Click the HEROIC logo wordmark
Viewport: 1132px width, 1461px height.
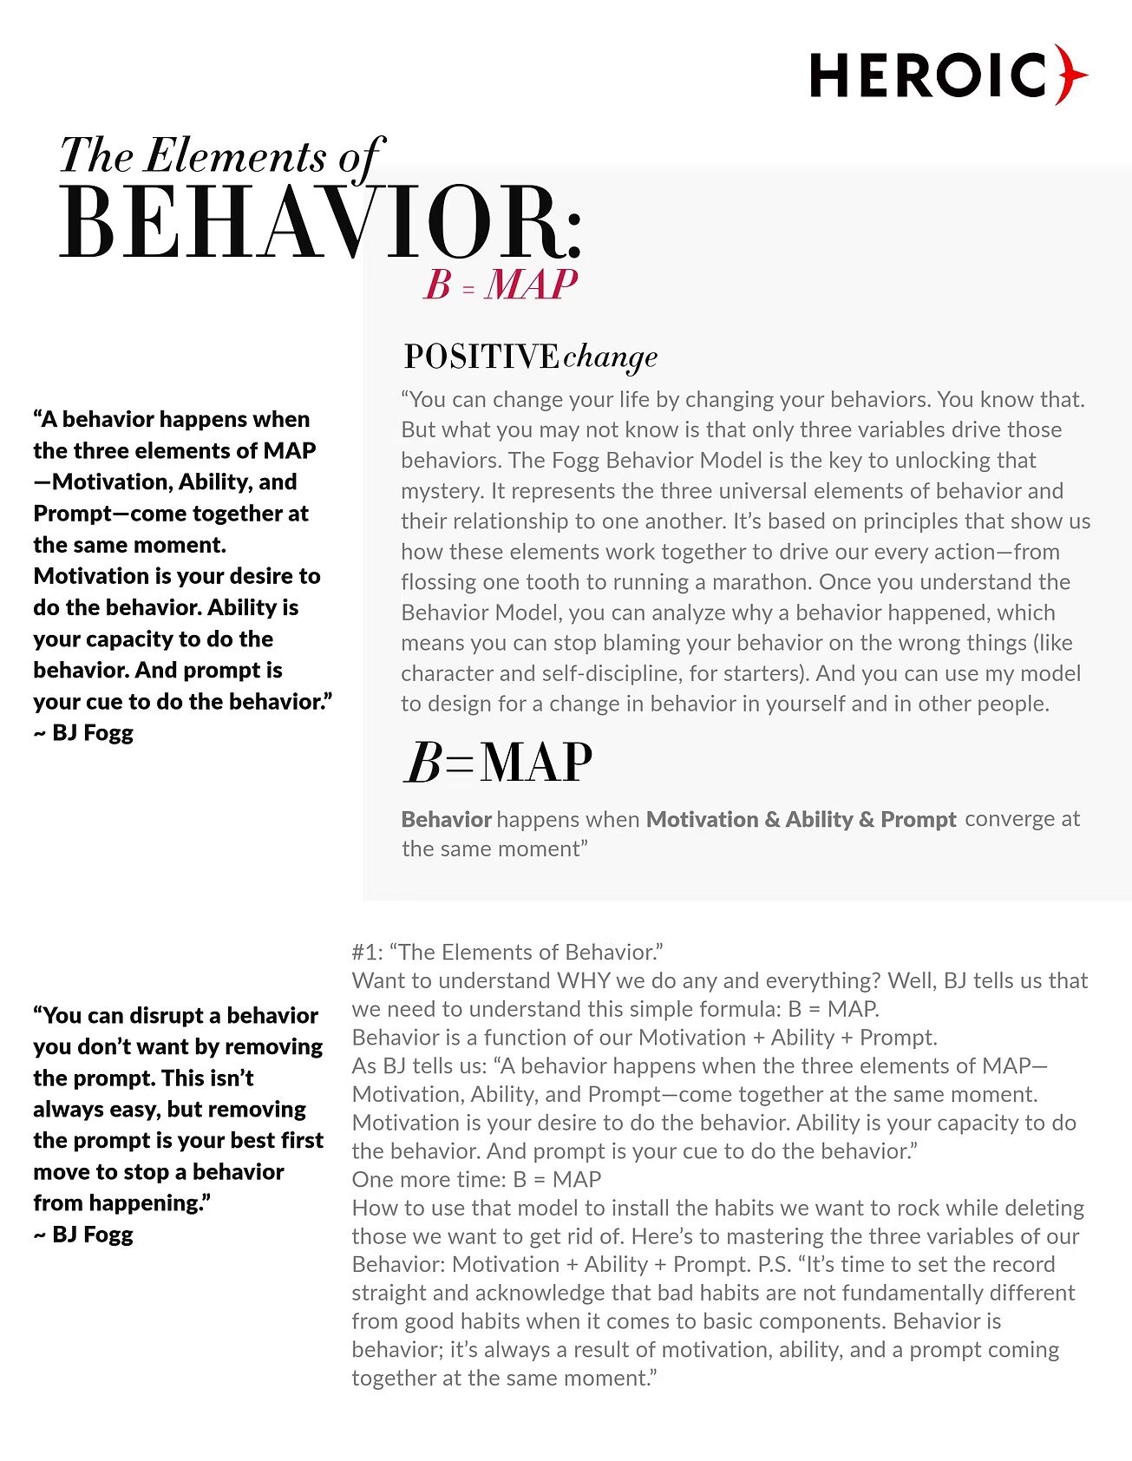pos(928,75)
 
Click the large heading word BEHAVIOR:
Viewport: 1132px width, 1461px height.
pos(321,223)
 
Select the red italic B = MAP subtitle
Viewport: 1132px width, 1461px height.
pos(501,285)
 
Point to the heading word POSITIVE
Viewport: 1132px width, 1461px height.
pos(481,357)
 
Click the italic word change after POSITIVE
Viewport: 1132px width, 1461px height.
pos(610,357)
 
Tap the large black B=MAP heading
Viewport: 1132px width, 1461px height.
pos(498,763)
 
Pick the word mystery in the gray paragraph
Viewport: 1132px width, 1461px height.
pos(440,491)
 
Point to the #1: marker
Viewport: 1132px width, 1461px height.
pos(367,952)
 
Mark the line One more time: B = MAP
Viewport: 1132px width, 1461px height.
pos(476,1179)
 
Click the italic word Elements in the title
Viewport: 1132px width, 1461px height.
pos(234,156)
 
